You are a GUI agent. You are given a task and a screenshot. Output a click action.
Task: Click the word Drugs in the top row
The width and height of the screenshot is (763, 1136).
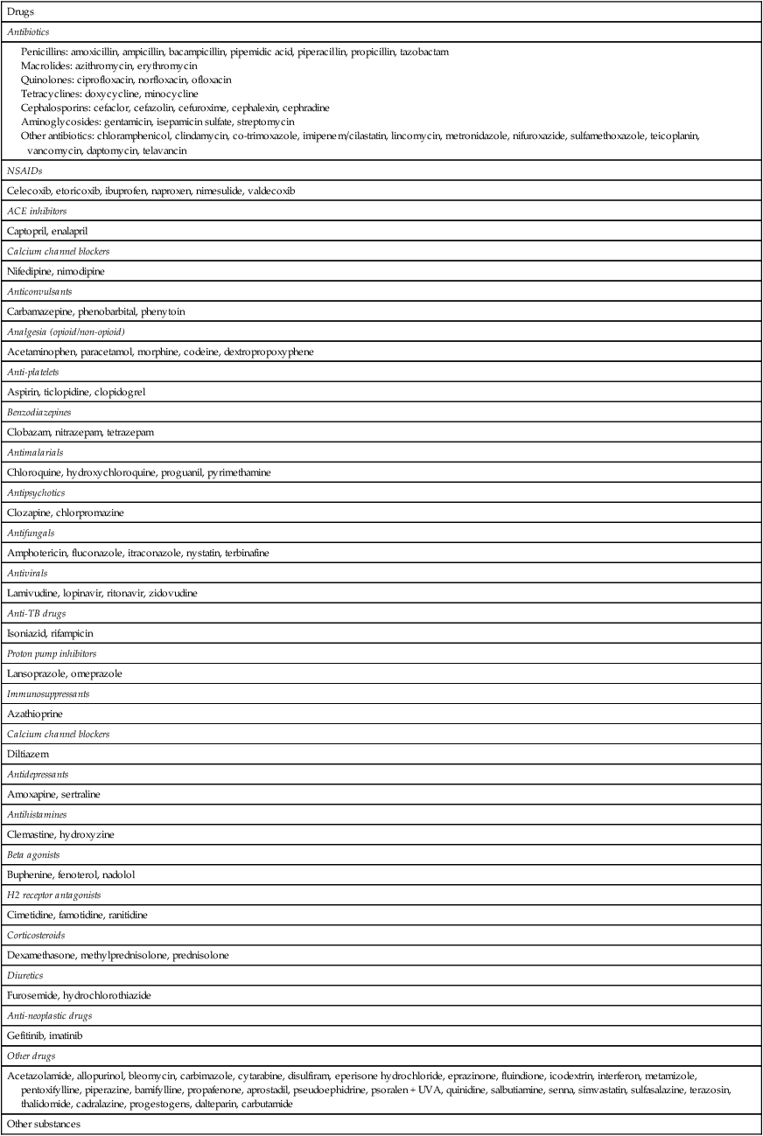tap(20, 11)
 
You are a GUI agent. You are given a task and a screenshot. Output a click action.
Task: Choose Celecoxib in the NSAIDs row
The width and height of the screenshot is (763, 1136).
tap(30, 191)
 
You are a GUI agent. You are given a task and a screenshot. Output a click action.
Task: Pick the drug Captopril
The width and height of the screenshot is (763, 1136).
tap(28, 231)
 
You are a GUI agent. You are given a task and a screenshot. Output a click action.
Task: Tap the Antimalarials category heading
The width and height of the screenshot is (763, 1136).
tap(35, 452)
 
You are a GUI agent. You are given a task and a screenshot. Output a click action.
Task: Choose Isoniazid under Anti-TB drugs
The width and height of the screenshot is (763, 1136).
tap(26, 633)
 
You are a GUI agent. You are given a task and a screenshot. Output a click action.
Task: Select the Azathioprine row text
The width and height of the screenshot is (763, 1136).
tap(35, 714)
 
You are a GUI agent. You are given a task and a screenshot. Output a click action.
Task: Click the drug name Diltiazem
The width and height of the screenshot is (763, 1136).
tap(28, 754)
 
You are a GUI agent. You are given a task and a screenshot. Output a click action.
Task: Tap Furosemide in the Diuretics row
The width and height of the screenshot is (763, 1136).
tap(31, 995)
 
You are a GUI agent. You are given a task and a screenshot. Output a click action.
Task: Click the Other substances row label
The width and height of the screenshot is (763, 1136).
tap(43, 1124)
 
